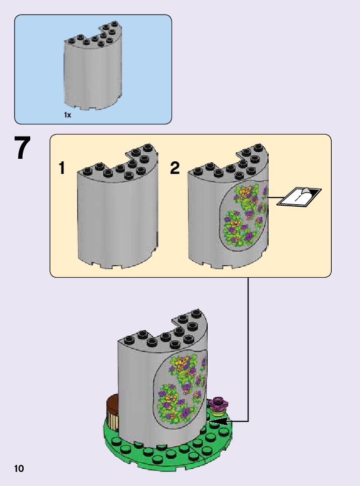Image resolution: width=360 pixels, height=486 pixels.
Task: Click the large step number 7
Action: (22, 148)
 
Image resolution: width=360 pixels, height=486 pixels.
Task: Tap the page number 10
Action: (19, 468)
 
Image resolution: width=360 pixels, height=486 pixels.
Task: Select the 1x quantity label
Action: (67, 114)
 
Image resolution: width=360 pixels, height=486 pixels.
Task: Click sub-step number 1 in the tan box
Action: (62, 168)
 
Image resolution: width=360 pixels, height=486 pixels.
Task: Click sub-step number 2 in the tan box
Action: (175, 168)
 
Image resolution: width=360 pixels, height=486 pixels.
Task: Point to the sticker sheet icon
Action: (299, 196)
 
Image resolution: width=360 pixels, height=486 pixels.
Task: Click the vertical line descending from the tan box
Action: (248, 349)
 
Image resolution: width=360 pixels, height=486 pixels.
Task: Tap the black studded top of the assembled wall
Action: (163, 329)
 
